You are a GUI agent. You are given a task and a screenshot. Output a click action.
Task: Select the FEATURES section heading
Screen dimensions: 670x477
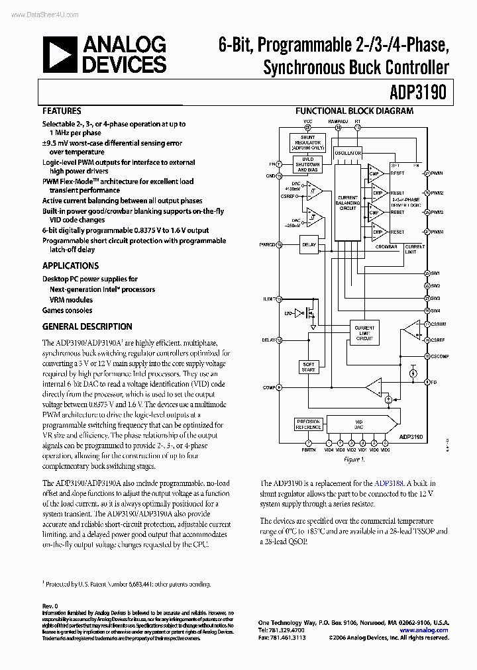point(62,111)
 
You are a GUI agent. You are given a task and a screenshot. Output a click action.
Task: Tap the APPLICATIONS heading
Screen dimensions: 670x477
point(70,265)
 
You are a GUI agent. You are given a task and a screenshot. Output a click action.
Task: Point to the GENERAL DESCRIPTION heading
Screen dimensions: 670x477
point(87,326)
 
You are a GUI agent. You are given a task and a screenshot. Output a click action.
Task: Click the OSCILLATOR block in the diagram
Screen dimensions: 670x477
point(348,152)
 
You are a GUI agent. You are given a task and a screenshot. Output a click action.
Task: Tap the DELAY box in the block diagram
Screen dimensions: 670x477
point(309,244)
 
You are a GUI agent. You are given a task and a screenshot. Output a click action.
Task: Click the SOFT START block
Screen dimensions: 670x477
point(309,367)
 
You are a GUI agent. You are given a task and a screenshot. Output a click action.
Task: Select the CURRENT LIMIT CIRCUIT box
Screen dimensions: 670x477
point(364,332)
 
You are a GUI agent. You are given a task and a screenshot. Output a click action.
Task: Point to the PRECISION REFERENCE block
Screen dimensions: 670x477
point(308,424)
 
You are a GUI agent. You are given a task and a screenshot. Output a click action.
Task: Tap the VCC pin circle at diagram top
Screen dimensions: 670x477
point(308,127)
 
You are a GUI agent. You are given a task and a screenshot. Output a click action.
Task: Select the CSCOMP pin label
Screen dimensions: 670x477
point(439,356)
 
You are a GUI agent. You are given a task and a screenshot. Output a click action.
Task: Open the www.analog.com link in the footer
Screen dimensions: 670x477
point(427,630)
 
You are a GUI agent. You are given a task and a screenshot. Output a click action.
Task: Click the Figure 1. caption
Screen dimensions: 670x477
point(354,459)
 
